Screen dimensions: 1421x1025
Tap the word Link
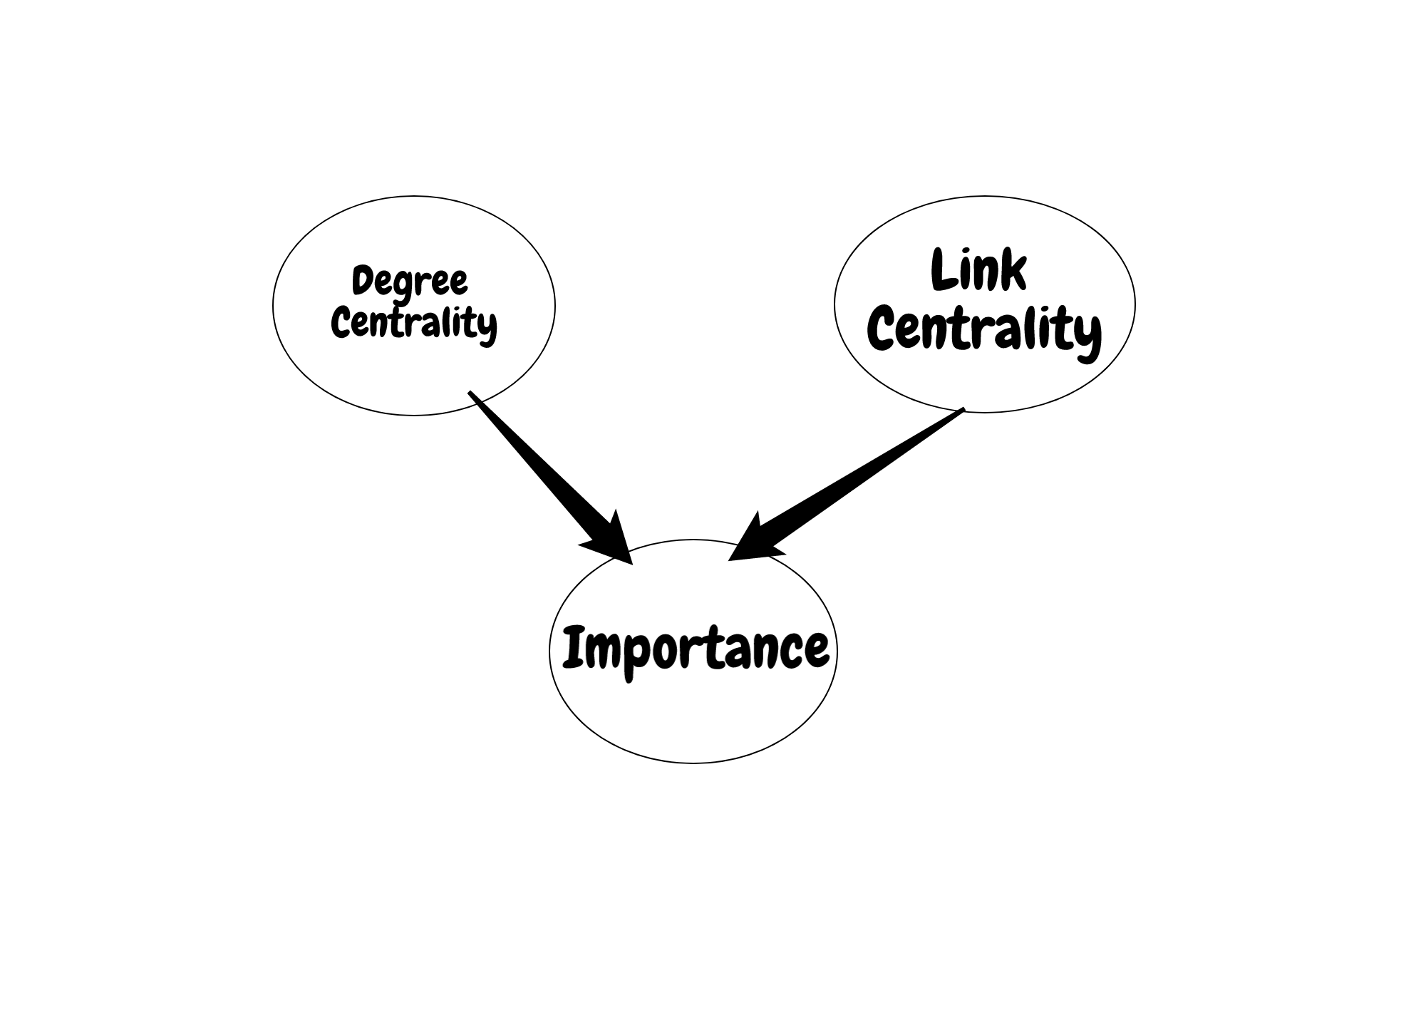pyautogui.click(x=978, y=270)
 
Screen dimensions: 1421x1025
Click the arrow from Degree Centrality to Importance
pyautogui.click(x=549, y=476)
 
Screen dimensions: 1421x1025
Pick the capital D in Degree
pyautogui.click(x=364, y=280)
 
